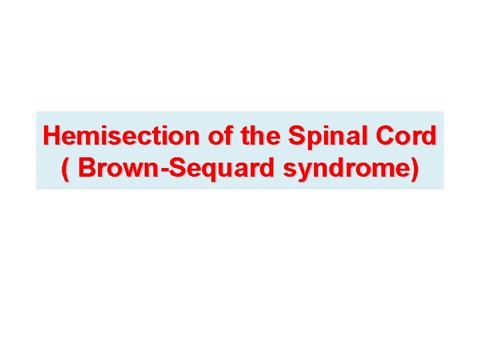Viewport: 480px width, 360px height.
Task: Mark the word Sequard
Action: (223, 169)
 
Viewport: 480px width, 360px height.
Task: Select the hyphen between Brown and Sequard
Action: (167, 171)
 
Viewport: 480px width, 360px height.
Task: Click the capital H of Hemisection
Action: (51, 136)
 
